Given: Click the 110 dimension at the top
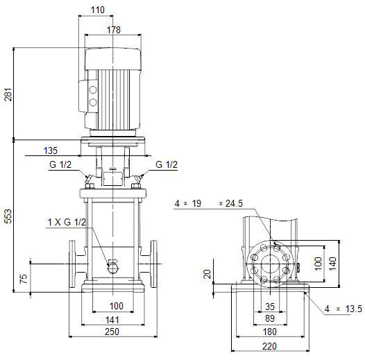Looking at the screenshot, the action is pos(98,10).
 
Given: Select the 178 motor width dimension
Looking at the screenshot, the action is pos(114,30).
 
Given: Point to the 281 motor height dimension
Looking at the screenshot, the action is pos(8,94).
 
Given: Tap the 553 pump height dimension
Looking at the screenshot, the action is pos(8,216).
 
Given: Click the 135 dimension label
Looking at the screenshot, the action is pos(51,151).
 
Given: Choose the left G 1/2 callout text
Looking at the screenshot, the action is pos(60,164).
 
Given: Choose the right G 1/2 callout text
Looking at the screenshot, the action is pos(167,164).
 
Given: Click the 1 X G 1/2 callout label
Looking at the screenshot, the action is pos(67,222).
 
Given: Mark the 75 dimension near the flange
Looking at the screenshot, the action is pos(24,279).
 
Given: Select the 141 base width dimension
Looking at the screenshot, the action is pos(112,320).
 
